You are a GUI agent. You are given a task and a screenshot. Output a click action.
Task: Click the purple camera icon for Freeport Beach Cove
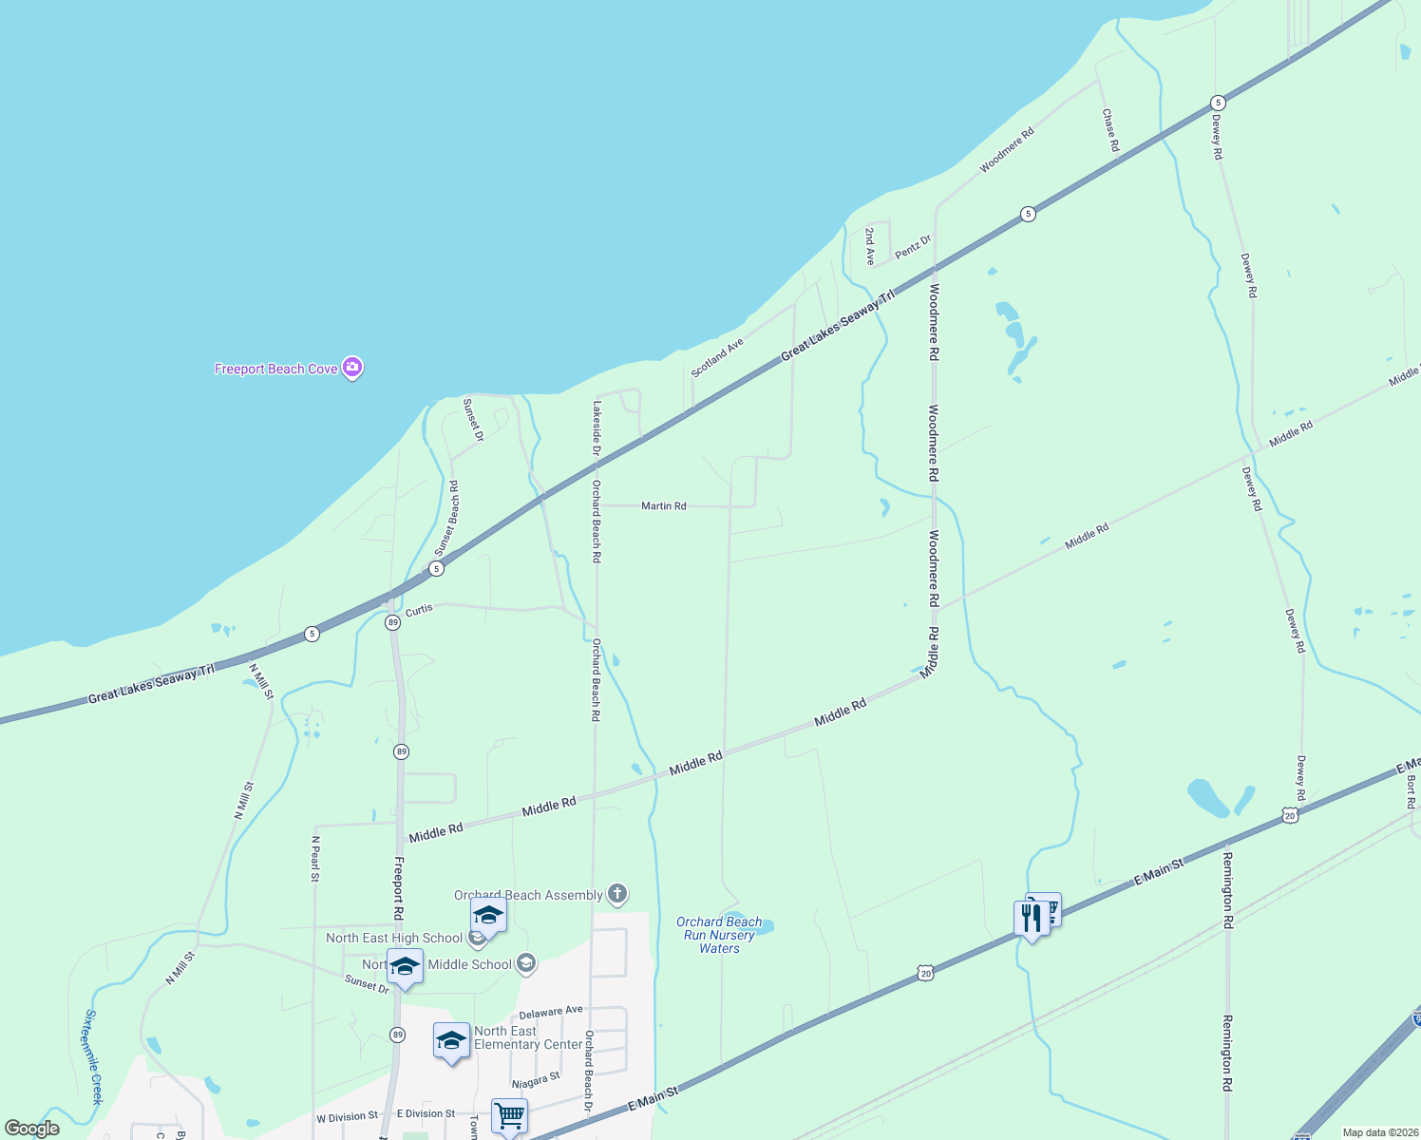352,368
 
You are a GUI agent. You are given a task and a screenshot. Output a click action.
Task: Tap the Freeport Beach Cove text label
275,369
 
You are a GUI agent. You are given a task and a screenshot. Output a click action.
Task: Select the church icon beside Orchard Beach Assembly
617,894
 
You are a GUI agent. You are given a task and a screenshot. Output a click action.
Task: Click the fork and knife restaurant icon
1032,919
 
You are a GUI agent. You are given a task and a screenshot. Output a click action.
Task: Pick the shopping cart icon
510,1114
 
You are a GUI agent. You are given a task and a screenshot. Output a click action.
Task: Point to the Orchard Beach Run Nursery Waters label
719,935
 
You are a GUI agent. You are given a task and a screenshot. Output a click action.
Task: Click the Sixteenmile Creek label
92,1056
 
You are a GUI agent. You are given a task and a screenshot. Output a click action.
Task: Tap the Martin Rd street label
663,506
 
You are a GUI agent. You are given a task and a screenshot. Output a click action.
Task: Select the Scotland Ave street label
717,357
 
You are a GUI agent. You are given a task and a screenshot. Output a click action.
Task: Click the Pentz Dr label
913,247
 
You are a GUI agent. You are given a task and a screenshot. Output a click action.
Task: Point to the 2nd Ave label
869,245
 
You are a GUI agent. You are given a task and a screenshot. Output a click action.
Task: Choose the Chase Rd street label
1110,129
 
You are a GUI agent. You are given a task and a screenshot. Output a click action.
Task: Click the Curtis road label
419,610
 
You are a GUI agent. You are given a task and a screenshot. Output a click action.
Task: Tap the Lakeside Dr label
597,427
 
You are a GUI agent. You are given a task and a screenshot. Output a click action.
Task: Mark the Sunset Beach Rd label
447,518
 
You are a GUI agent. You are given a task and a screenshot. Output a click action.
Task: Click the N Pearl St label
314,859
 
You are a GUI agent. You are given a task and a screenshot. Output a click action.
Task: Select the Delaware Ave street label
551,1013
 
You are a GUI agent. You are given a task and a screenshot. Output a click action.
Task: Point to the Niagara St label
536,1081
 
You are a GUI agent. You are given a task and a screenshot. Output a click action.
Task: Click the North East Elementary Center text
527,1037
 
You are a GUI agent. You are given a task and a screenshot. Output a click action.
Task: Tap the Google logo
31,1129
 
